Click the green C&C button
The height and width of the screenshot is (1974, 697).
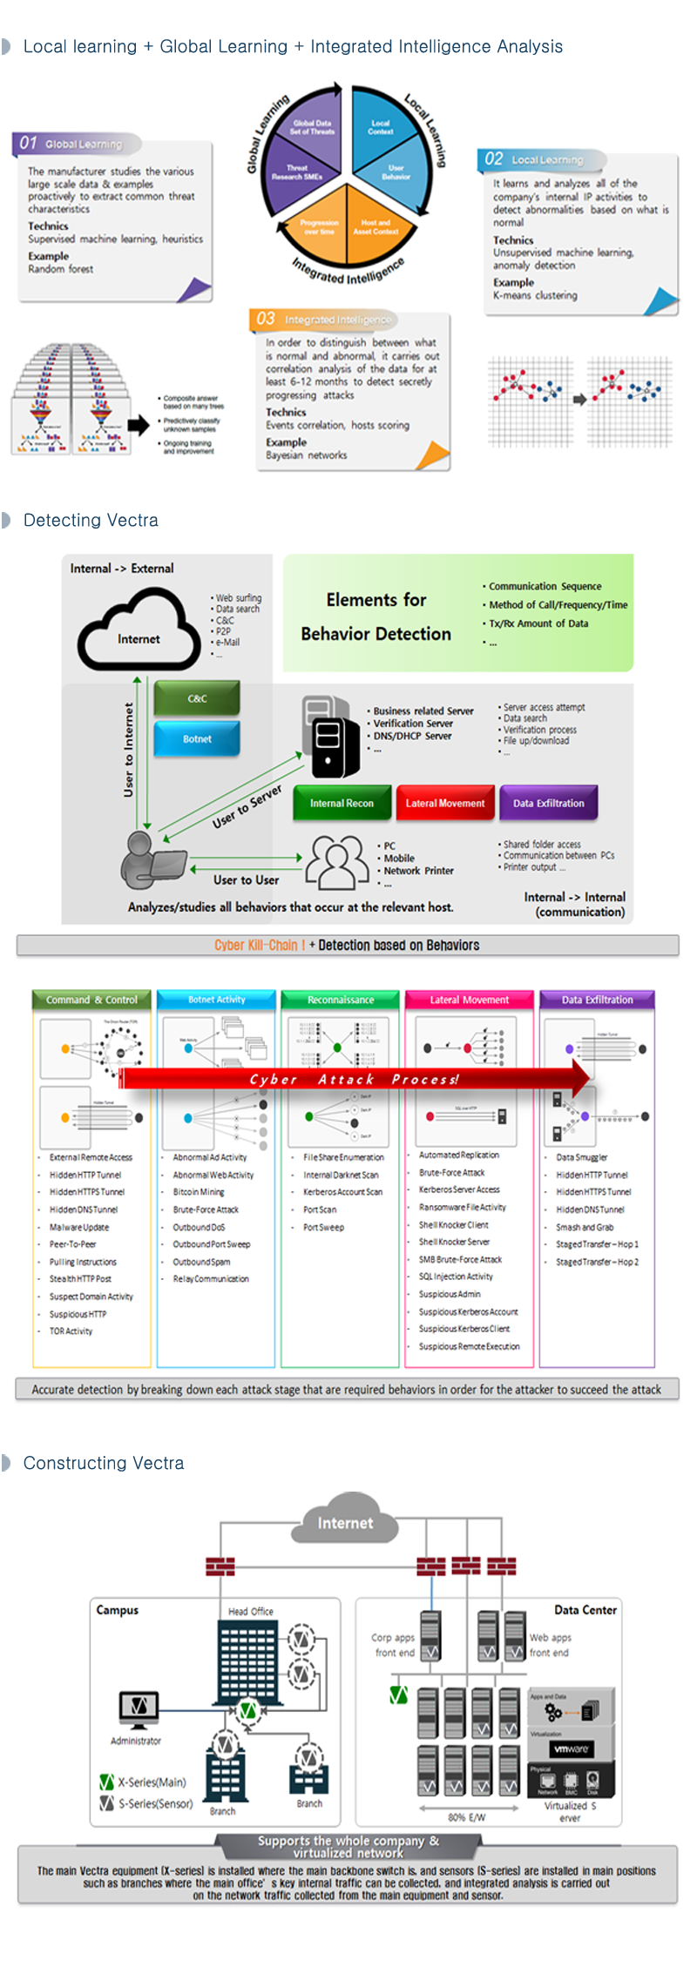(197, 698)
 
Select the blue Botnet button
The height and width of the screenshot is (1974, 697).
(197, 739)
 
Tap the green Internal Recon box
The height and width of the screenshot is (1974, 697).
(342, 803)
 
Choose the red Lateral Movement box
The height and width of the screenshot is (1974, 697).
(445, 803)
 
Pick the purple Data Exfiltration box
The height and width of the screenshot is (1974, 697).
(549, 803)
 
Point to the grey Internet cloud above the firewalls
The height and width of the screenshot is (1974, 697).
(346, 1523)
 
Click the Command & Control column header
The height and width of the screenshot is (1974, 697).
(91, 1000)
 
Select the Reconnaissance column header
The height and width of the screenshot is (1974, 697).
(341, 1000)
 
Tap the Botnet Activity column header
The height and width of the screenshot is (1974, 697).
(216, 1000)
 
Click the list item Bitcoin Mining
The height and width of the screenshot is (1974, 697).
(199, 1192)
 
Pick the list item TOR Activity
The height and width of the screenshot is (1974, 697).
(71, 1331)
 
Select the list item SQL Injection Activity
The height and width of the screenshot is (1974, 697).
(456, 1277)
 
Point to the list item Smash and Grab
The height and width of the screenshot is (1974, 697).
(585, 1227)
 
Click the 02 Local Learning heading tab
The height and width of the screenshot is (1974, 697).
(543, 159)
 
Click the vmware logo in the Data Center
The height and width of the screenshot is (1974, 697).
(572, 1748)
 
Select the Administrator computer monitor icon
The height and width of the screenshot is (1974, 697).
(139, 1708)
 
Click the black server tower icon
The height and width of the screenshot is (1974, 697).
(329, 736)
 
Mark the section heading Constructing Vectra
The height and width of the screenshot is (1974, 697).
(104, 1463)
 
